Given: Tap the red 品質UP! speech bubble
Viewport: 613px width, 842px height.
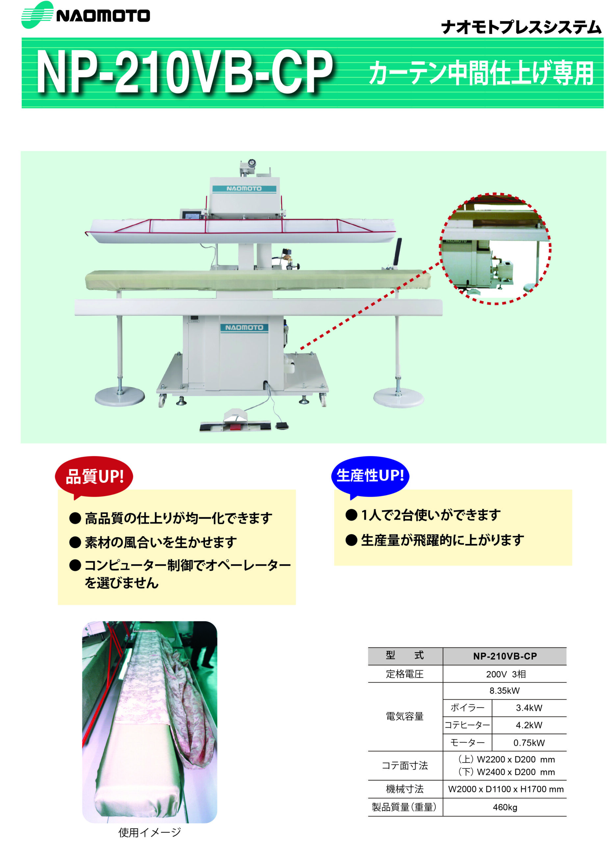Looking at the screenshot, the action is tap(94, 476).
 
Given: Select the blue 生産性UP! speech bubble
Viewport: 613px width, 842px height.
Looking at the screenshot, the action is tap(370, 476).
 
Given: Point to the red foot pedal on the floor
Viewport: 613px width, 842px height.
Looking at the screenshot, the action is tap(235, 427).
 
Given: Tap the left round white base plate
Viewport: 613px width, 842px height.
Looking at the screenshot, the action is tap(119, 396).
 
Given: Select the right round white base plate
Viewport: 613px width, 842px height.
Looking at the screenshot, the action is tap(398, 397).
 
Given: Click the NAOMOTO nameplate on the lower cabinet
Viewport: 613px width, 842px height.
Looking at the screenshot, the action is tap(244, 328).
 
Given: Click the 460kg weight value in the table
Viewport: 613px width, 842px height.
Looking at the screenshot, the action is tap(505, 807).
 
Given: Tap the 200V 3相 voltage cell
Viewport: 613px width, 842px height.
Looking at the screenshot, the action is tap(506, 674).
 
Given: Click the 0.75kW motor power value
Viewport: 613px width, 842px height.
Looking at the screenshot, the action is tap(529, 742).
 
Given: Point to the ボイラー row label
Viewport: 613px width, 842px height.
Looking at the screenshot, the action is tap(467, 707).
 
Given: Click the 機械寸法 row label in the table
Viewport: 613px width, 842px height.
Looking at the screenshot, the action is tap(405, 789).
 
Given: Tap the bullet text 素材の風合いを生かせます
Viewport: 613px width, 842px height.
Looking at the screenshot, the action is tap(161, 542).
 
